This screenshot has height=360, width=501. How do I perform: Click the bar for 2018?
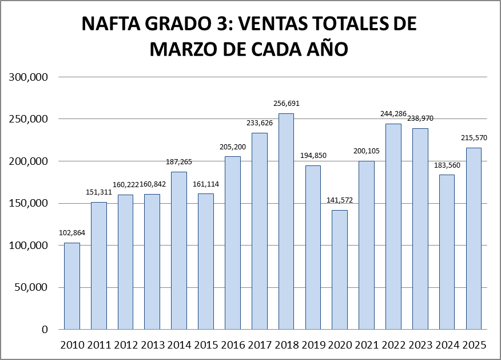(286, 221)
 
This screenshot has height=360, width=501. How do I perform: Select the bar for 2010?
(72, 286)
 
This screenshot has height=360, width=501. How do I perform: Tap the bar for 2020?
(340, 269)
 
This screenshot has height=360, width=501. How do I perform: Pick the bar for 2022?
(393, 226)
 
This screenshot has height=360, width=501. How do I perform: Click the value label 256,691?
(286, 104)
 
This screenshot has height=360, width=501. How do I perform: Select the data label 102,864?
(72, 233)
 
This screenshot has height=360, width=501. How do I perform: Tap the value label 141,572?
(340, 200)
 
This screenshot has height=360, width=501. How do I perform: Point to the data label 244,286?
(393, 114)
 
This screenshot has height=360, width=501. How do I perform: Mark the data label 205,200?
(233, 147)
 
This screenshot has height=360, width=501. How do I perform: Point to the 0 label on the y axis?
(44, 330)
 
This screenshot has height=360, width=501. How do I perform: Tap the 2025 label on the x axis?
(474, 345)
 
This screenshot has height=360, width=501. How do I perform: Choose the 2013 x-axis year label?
(152, 345)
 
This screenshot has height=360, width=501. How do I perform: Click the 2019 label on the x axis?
(313, 345)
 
